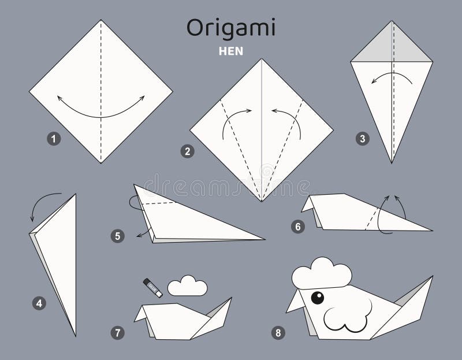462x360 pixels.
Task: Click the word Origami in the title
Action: (230, 27)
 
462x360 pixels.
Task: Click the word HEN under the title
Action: (230, 50)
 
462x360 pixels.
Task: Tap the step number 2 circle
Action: (187, 152)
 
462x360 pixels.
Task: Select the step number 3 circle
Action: (362, 139)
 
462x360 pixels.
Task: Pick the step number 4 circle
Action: (39, 302)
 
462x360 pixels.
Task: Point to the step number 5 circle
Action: (118, 235)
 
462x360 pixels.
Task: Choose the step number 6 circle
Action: (298, 227)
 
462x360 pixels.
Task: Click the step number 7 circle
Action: (118, 332)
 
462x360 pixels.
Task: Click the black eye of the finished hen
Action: (317, 298)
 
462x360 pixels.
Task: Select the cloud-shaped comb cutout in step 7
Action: (187, 285)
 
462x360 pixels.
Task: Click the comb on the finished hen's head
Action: (321, 273)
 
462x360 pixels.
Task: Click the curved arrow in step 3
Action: (390, 77)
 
